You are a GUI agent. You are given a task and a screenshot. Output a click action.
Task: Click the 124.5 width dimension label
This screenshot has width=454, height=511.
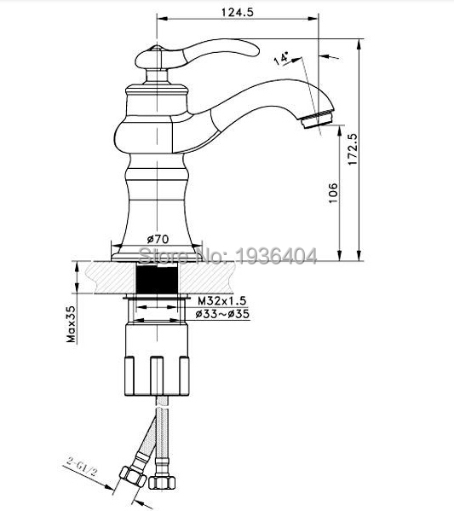(238, 12)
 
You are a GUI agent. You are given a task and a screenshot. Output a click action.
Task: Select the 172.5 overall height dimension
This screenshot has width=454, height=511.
(353, 149)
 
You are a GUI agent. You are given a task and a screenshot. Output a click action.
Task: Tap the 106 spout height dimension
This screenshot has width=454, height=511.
(333, 193)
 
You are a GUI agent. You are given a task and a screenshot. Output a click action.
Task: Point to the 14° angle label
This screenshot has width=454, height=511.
(281, 58)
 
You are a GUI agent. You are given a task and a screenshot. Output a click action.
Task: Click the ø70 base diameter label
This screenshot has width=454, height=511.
(158, 239)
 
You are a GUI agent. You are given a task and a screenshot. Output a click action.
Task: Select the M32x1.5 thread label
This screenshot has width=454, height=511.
(222, 300)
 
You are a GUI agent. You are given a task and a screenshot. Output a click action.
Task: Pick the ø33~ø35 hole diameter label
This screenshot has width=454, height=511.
(222, 314)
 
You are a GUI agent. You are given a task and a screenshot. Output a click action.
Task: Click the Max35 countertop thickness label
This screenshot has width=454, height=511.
(71, 324)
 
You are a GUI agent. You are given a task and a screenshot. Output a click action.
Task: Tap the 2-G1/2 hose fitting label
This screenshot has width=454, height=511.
(82, 468)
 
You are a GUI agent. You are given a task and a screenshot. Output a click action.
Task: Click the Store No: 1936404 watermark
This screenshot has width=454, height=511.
(227, 256)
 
